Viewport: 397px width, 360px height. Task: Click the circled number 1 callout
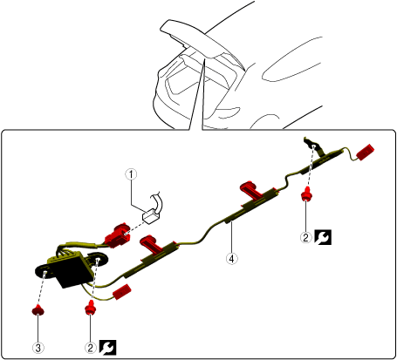tap(131, 174)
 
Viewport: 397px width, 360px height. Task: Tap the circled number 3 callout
tap(38, 348)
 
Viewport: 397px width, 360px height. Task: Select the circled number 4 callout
tap(231, 258)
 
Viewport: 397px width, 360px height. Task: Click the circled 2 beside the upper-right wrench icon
tap(305, 237)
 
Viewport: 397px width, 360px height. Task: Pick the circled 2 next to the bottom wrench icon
tap(91, 348)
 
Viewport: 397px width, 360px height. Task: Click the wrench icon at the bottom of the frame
tap(107, 348)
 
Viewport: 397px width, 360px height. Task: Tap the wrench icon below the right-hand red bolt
tap(323, 237)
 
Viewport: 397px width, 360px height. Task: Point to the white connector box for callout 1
tap(151, 216)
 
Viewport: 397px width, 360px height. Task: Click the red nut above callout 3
tap(38, 310)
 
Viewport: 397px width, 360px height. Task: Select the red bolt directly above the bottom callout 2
tap(91, 308)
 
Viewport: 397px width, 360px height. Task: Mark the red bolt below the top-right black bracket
tap(305, 195)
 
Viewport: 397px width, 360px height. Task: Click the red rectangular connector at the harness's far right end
tap(365, 153)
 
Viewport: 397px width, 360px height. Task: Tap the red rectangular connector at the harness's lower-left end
tap(122, 292)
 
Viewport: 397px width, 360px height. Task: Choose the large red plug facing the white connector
tap(118, 235)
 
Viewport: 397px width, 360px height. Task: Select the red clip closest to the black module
tap(151, 244)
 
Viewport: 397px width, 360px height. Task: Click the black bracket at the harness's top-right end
tap(312, 145)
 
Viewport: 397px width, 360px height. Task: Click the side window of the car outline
tap(292, 59)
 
